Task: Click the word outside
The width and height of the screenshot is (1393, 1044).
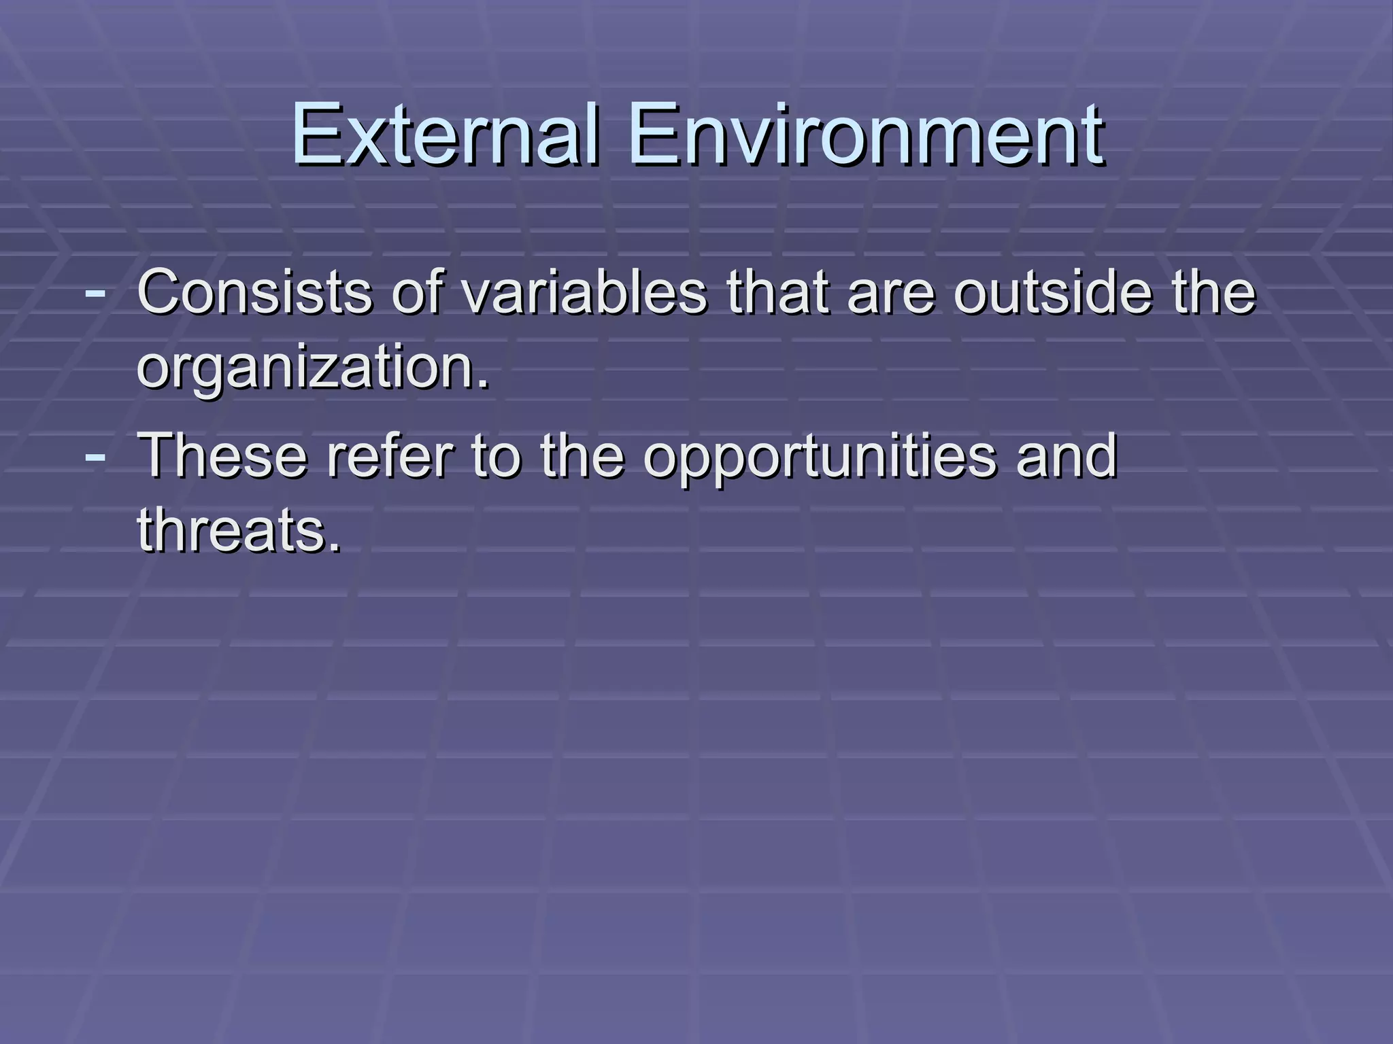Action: point(1053,292)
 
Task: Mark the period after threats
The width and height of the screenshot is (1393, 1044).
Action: point(333,547)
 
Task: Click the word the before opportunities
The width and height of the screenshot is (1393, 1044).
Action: point(582,455)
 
